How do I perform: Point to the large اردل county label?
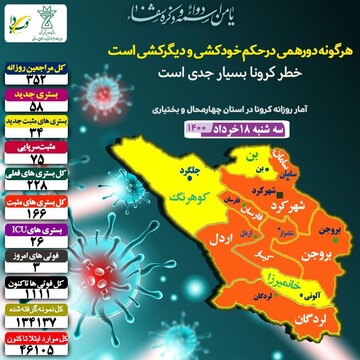click(x=222, y=240)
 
